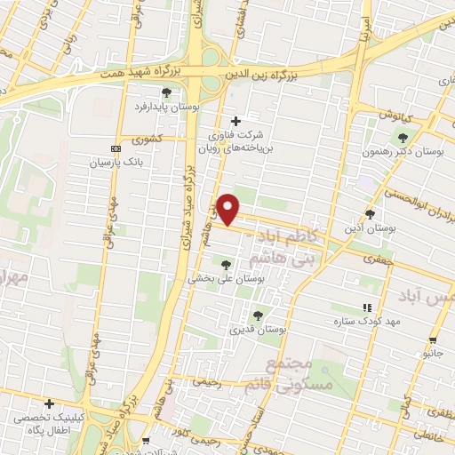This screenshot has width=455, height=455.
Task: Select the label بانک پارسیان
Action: pyautogui.click(x=116, y=164)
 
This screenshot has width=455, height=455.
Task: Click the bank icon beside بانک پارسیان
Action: pyautogui.click(x=116, y=148)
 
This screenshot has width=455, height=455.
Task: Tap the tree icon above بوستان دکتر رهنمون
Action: pyautogui.click(x=403, y=138)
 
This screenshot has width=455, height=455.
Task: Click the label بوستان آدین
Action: pyautogui.click(x=370, y=229)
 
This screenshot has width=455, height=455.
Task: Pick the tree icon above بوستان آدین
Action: pyautogui.click(x=371, y=214)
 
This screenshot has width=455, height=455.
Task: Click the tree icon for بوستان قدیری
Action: pyautogui.click(x=258, y=315)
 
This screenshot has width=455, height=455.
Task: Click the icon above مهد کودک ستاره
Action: pyautogui.click(x=367, y=307)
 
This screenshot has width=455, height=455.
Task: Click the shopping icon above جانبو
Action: pyautogui.click(x=432, y=339)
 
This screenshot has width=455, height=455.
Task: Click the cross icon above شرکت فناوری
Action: pyautogui.click(x=235, y=122)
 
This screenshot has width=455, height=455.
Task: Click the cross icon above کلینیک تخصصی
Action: pyautogui.click(x=49, y=404)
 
